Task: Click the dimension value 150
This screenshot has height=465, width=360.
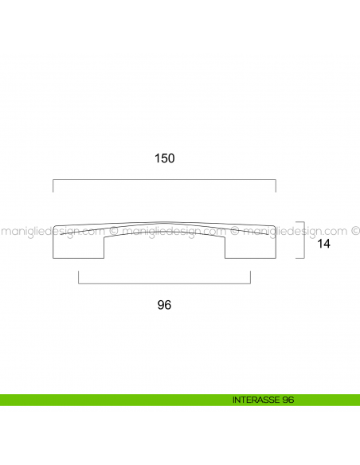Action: [164, 158]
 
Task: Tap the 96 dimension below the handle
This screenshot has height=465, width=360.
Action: [165, 305]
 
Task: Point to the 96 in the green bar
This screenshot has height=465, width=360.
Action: [288, 400]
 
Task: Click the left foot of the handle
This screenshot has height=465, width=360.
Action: [78, 249]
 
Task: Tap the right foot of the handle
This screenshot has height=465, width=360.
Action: [250, 249]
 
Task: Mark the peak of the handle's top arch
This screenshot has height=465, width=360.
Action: [164, 221]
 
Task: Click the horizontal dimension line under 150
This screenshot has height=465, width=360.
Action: [164, 181]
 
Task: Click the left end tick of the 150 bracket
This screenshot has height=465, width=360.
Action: [53, 186]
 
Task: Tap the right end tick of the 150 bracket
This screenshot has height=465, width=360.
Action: [276, 186]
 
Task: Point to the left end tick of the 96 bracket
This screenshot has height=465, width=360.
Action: [78, 279]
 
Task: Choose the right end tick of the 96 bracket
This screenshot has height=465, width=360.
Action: [250, 279]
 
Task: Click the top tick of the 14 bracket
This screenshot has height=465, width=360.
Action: [300, 221]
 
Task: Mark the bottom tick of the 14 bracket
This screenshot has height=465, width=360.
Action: [300, 258]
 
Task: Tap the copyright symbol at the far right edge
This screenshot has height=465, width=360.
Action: [354, 232]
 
